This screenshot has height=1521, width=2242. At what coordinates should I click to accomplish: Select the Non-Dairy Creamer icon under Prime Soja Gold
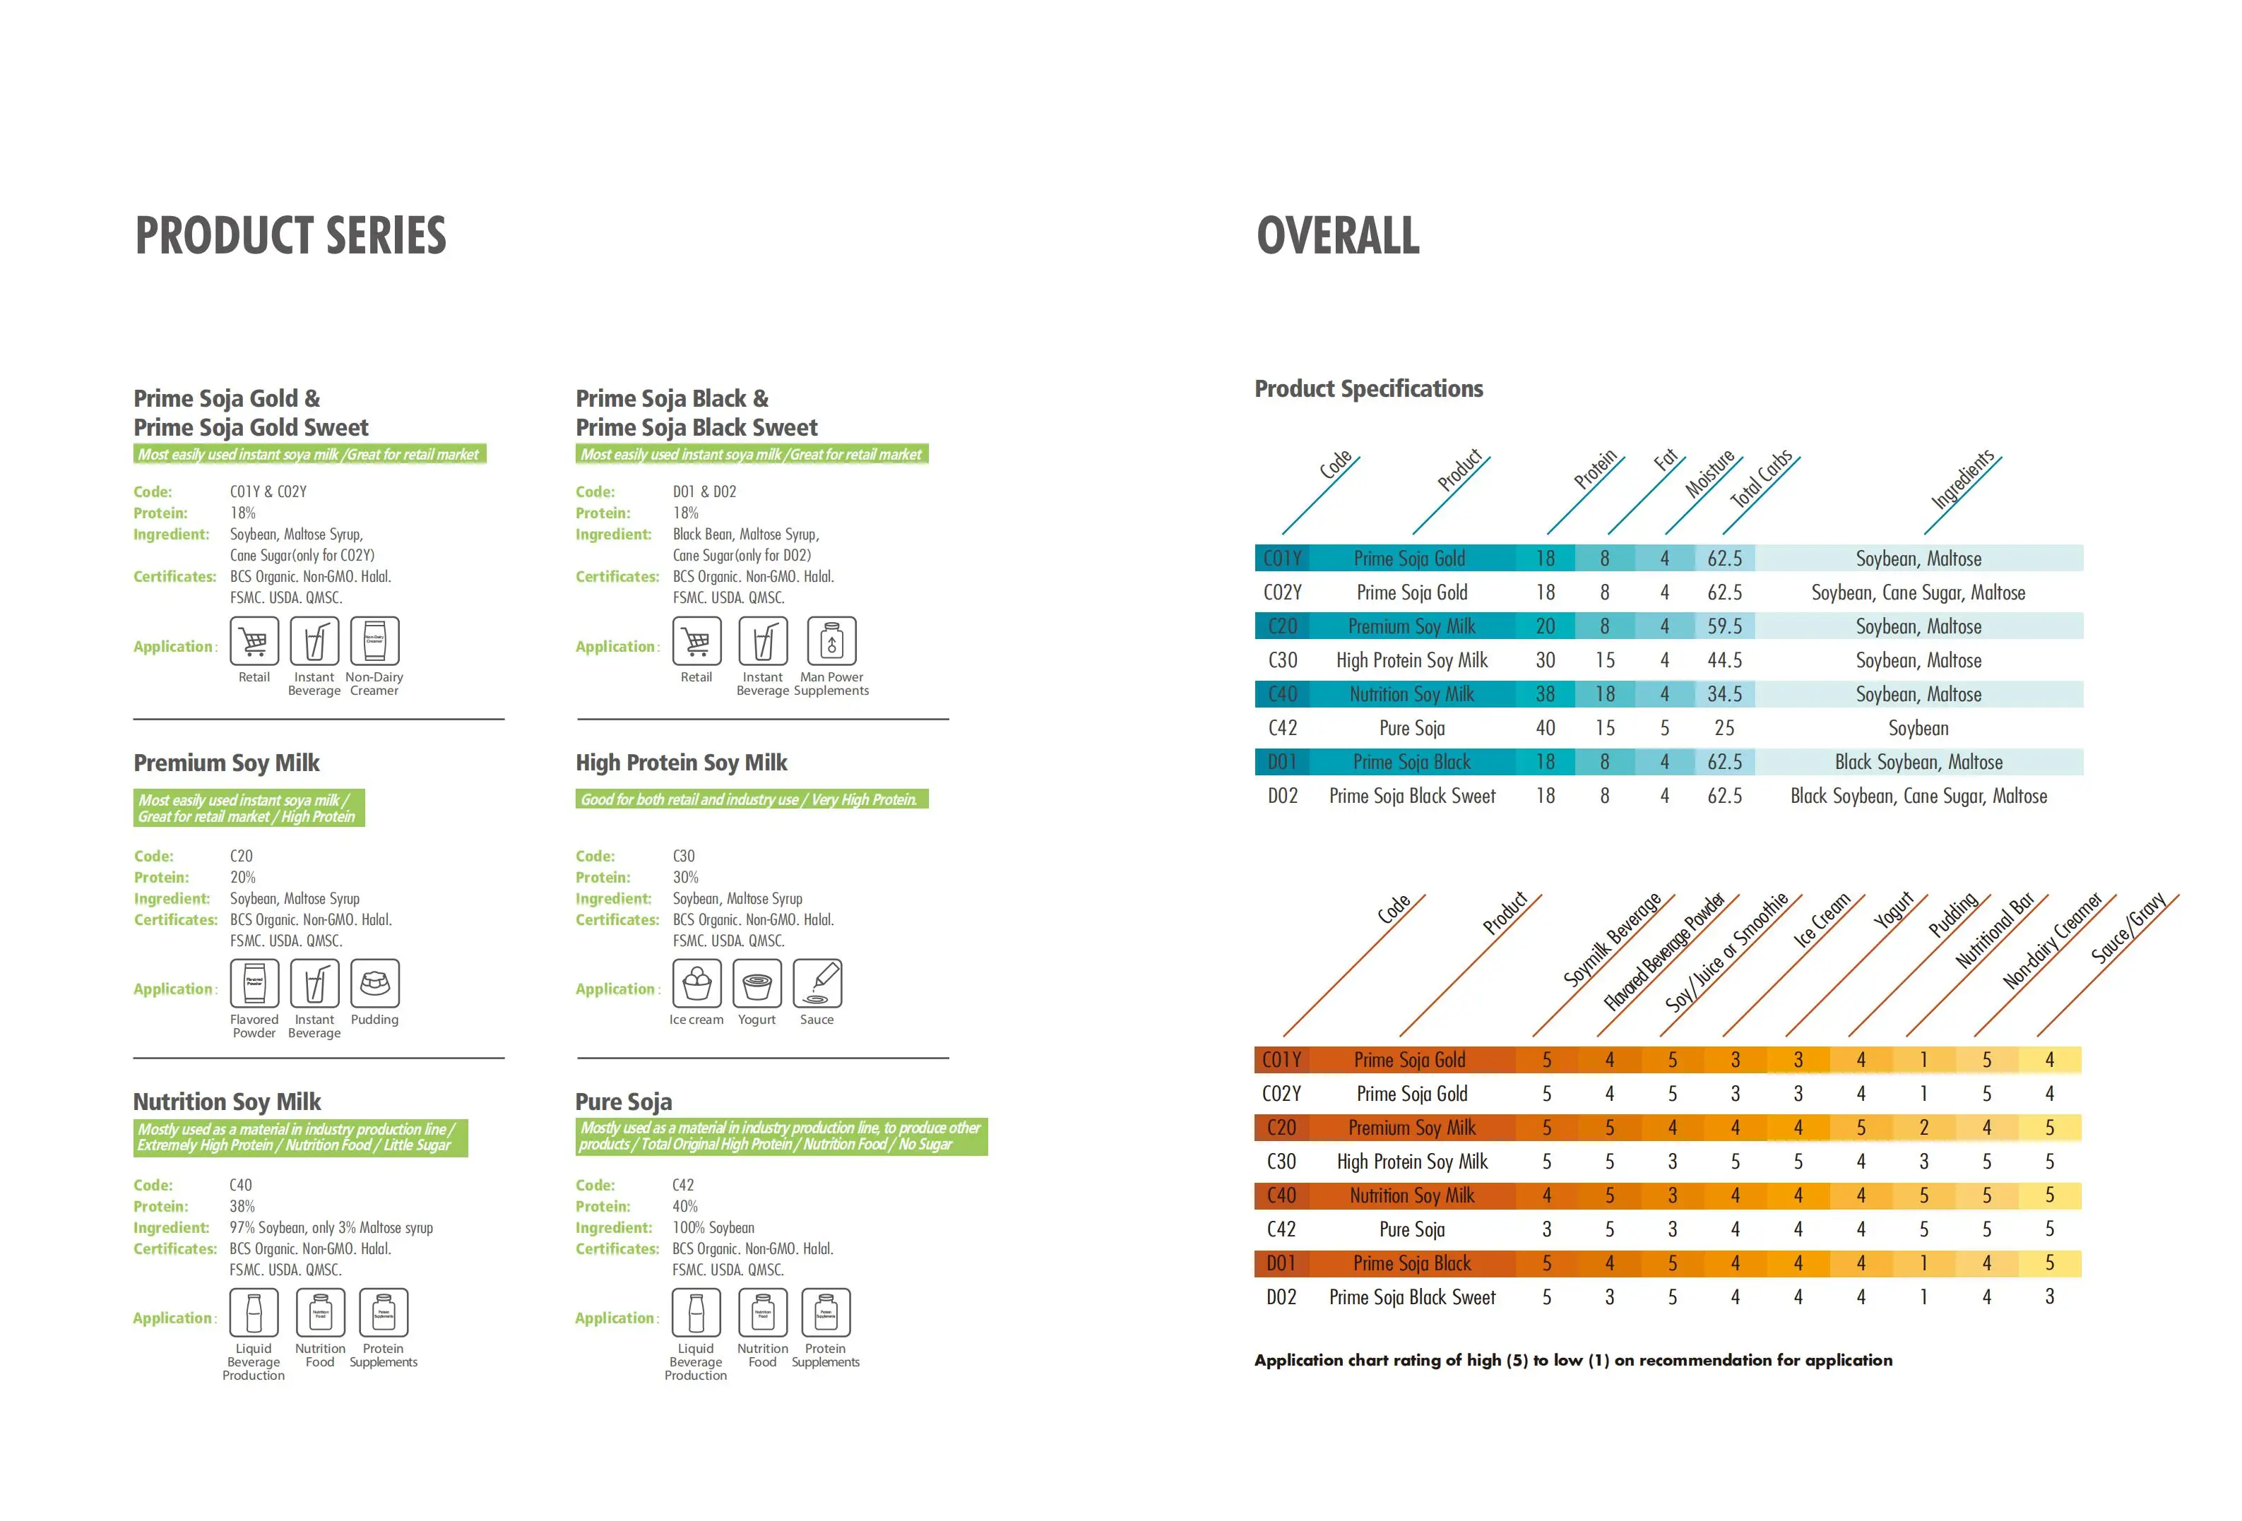point(374,641)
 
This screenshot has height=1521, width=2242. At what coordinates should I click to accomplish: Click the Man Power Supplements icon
point(831,641)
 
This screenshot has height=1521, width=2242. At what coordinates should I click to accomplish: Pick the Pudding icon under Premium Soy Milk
point(374,984)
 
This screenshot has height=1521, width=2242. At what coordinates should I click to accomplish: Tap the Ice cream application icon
point(696,984)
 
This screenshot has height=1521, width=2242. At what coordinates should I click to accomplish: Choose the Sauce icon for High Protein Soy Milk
point(817,984)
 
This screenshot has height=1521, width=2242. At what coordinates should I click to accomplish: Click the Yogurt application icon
point(757,984)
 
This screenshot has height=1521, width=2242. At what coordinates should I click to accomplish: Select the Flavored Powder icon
point(255,984)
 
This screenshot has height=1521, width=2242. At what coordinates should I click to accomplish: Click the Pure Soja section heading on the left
point(623,1102)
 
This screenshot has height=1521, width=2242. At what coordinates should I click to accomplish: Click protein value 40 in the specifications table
point(1546,728)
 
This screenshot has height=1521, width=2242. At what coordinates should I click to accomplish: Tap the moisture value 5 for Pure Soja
point(1664,728)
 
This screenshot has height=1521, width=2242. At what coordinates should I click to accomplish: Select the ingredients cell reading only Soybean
point(1918,728)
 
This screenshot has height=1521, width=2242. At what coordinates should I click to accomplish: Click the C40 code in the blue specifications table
point(1282,694)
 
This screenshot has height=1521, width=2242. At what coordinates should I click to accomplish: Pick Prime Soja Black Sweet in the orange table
point(1412,1297)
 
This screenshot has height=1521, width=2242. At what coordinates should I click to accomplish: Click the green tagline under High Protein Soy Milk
point(749,799)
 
